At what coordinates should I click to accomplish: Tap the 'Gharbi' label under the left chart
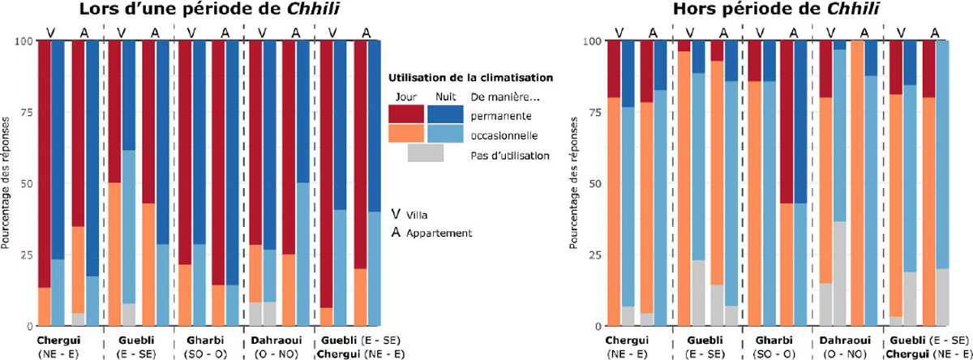207,341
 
